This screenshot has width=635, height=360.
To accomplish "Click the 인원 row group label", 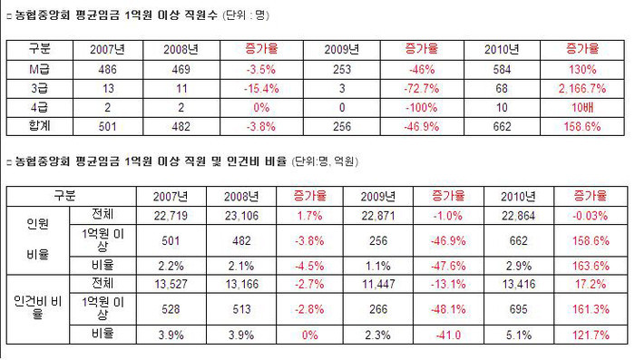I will (x=36, y=222).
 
